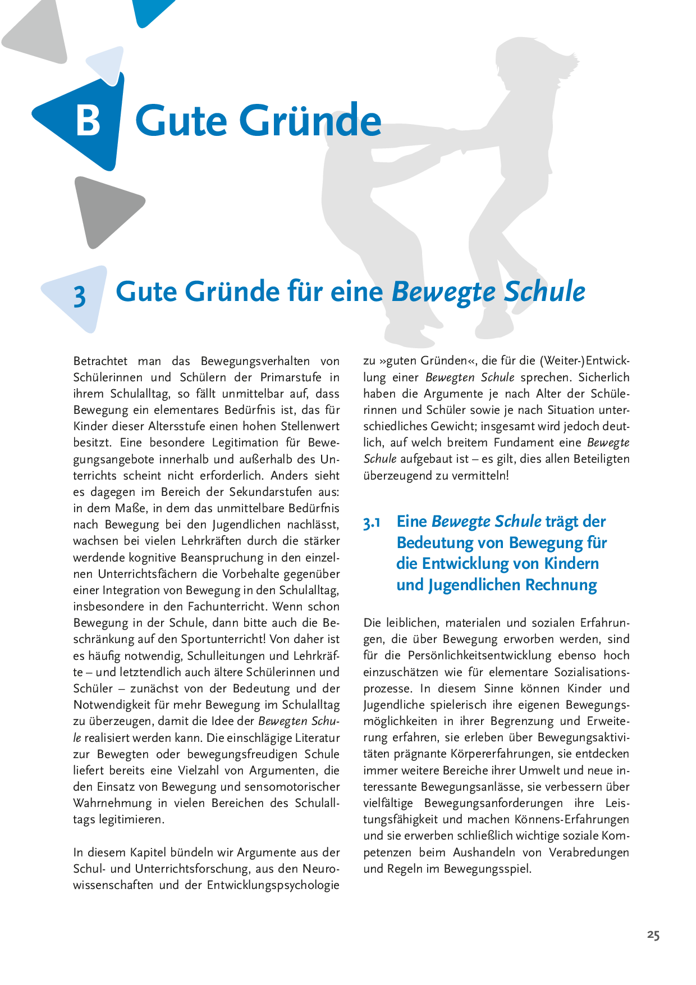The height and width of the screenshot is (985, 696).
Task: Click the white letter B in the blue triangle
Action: point(88,120)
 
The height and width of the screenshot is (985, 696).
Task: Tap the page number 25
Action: point(653,935)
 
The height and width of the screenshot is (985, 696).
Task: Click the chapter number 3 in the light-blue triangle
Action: point(80,296)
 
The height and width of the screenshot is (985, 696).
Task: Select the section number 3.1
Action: point(372,523)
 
